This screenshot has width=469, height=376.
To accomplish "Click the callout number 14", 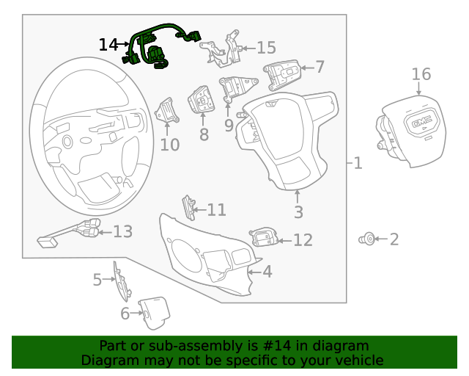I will click(108, 45).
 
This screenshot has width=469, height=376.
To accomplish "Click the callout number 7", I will click(320, 67).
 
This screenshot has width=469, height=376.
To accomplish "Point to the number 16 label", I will click(421, 74).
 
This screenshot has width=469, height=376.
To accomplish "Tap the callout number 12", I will click(303, 239).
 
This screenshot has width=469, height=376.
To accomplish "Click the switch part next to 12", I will click(264, 237).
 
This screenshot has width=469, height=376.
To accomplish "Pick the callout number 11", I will click(216, 210).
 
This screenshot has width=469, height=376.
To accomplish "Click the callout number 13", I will click(122, 232).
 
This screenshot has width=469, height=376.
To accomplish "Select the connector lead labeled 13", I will click(70, 234).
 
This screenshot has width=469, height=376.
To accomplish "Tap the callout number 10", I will click(169, 145).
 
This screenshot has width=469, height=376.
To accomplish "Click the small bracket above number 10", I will click(168, 112).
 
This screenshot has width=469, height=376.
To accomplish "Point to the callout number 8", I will click(204, 134).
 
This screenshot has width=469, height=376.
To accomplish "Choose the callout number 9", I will click(229, 126).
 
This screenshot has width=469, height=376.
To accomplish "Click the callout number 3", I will click(298, 213).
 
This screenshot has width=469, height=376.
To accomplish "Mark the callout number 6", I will click(125, 314).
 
